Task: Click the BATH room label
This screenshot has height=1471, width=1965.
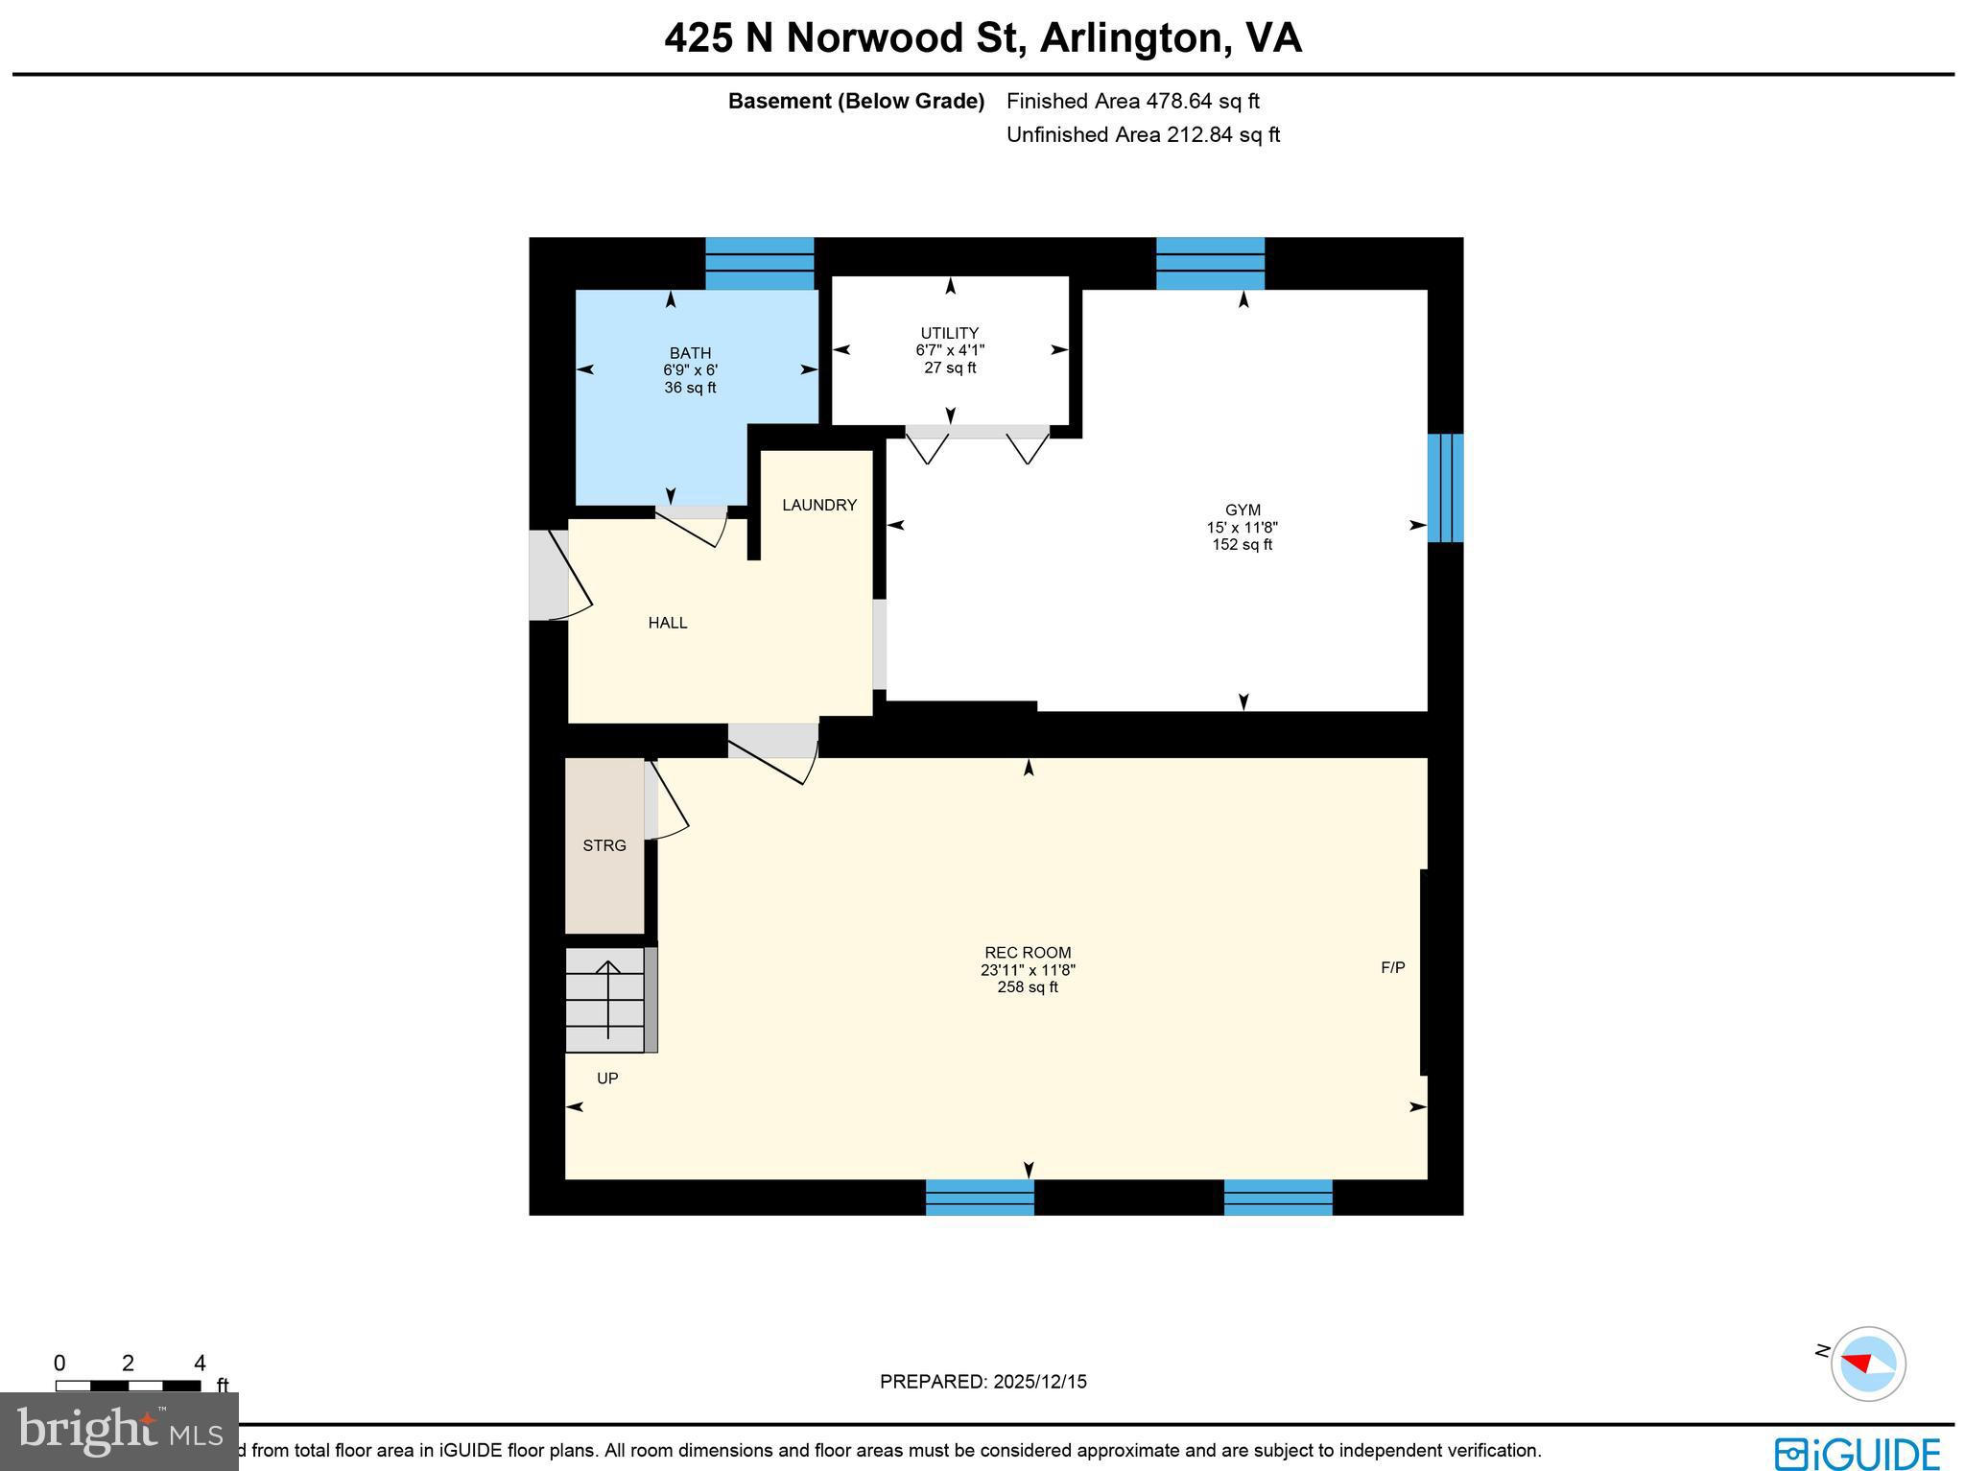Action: pyautogui.click(x=690, y=353)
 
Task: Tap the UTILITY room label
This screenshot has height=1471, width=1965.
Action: pyautogui.click(x=950, y=333)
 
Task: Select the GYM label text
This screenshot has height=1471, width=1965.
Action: pyautogui.click(x=1243, y=510)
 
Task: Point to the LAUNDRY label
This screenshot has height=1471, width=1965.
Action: pyautogui.click(x=818, y=505)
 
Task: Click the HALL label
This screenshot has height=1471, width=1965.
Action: pyautogui.click(x=668, y=623)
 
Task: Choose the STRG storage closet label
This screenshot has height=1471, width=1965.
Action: pyautogui.click(x=604, y=845)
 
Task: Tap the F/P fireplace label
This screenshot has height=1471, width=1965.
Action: pyautogui.click(x=1393, y=967)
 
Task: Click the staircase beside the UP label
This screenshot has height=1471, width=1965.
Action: pyautogui.click(x=605, y=1000)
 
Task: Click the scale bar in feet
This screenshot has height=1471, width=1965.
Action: pyautogui.click(x=128, y=1386)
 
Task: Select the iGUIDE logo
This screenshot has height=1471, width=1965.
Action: pyautogui.click(x=1858, y=1453)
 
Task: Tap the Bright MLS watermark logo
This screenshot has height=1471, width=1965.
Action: pyautogui.click(x=119, y=1432)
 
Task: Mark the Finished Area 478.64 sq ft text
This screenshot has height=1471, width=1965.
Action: pyautogui.click(x=1132, y=101)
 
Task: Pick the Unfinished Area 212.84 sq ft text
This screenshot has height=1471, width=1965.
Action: pyautogui.click(x=1143, y=134)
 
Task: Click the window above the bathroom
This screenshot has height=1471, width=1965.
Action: pyautogui.click(x=760, y=263)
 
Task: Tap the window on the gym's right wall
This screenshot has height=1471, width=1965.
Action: pyautogui.click(x=1445, y=488)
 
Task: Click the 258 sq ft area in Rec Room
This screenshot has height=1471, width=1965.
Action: pyautogui.click(x=1028, y=987)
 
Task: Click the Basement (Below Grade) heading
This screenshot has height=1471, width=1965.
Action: pyautogui.click(x=856, y=101)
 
